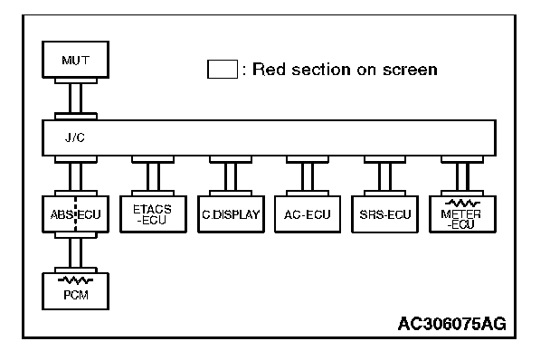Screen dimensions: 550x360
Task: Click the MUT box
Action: (x=75, y=60)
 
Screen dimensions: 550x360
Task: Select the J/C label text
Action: (x=75, y=137)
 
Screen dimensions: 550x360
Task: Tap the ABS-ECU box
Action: (x=75, y=214)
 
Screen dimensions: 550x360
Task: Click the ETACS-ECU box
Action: (x=153, y=214)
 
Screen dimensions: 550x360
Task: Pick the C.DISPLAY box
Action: (x=231, y=214)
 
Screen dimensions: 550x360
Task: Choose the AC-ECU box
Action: (x=308, y=214)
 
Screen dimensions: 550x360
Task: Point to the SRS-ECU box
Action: (x=384, y=214)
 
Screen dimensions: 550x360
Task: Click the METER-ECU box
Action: (x=462, y=214)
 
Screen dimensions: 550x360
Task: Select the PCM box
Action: (x=75, y=291)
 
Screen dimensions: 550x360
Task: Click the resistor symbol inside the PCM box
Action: (x=75, y=280)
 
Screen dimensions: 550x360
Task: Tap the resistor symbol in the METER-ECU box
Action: (x=462, y=203)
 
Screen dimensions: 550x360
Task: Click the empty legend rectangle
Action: (x=223, y=69)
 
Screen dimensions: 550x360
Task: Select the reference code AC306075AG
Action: (x=452, y=324)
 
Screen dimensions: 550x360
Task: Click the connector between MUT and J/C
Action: (x=76, y=99)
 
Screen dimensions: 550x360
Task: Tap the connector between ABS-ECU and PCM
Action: (x=76, y=252)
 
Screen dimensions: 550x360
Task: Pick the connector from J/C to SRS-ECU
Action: (x=384, y=175)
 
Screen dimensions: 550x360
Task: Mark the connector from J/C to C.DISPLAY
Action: (x=231, y=175)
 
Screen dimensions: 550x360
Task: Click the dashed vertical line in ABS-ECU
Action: (x=75, y=214)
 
